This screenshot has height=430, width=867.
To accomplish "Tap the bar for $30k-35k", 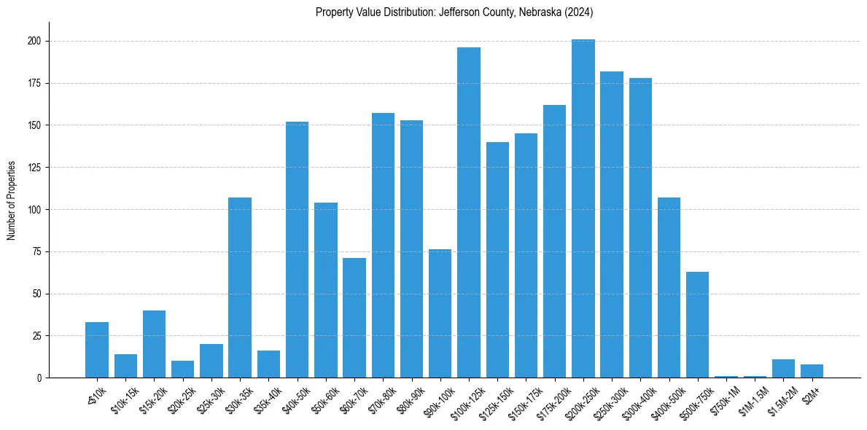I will pyautogui.click(x=240, y=287).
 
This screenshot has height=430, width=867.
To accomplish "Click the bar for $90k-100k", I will pyautogui.click(x=440, y=313).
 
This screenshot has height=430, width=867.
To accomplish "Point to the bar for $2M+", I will pyautogui.click(x=812, y=371).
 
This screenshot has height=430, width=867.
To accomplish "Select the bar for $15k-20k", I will pyautogui.click(x=154, y=344).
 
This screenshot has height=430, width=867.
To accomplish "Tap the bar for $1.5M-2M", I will pyautogui.click(x=783, y=369).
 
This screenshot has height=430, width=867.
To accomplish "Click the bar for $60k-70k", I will pyautogui.click(x=354, y=318).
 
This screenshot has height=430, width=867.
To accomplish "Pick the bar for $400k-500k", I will pyautogui.click(x=669, y=287).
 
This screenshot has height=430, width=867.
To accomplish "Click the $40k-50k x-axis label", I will pyautogui.click(x=296, y=396).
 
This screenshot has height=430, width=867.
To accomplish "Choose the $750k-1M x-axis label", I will pyautogui.click(x=724, y=398).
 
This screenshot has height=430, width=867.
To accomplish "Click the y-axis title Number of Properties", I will pyautogui.click(x=12, y=200).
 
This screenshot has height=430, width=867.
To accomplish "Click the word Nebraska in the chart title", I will pyautogui.click(x=537, y=12).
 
